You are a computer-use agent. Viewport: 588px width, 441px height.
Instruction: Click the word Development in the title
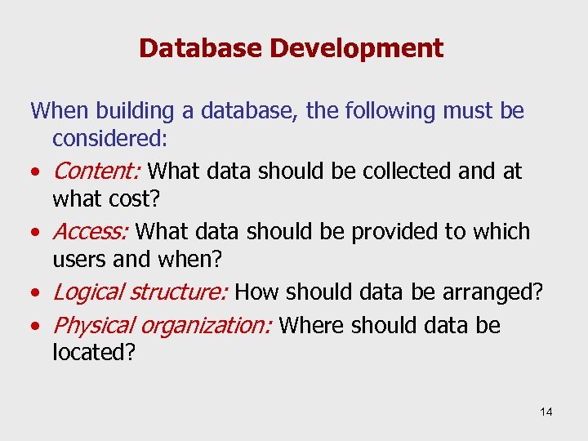(x=356, y=49)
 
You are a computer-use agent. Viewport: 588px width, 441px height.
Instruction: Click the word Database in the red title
(x=201, y=48)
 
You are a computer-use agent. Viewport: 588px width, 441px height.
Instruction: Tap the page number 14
(x=546, y=412)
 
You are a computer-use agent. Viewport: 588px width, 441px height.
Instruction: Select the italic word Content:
(x=97, y=171)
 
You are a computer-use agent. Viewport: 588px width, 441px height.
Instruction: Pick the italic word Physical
(x=93, y=325)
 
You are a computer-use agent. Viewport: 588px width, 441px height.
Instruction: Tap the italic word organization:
(x=207, y=325)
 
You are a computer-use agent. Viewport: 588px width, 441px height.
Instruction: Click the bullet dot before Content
(x=36, y=173)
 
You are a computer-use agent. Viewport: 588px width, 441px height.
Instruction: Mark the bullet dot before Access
(x=36, y=234)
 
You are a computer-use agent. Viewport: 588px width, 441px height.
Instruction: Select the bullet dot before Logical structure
(x=36, y=294)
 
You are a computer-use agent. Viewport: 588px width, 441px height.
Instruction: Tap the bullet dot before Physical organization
(x=36, y=327)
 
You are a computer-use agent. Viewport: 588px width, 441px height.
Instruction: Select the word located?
(x=93, y=353)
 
